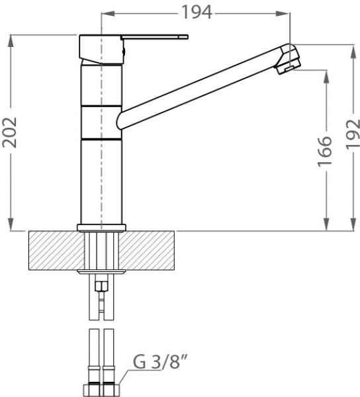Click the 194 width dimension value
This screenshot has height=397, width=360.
(197, 12)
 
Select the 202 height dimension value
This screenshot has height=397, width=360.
(9, 132)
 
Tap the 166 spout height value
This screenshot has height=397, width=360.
(324, 152)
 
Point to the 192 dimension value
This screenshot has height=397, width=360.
(353, 134)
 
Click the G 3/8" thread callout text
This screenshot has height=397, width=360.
(160, 361)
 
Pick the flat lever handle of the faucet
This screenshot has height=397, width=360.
(154, 37)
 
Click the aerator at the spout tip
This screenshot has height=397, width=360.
(289, 68)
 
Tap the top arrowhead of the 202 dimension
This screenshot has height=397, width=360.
(11, 41)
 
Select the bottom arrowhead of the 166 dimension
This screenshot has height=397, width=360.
(327, 224)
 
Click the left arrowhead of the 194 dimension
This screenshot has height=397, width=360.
(108, 14)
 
